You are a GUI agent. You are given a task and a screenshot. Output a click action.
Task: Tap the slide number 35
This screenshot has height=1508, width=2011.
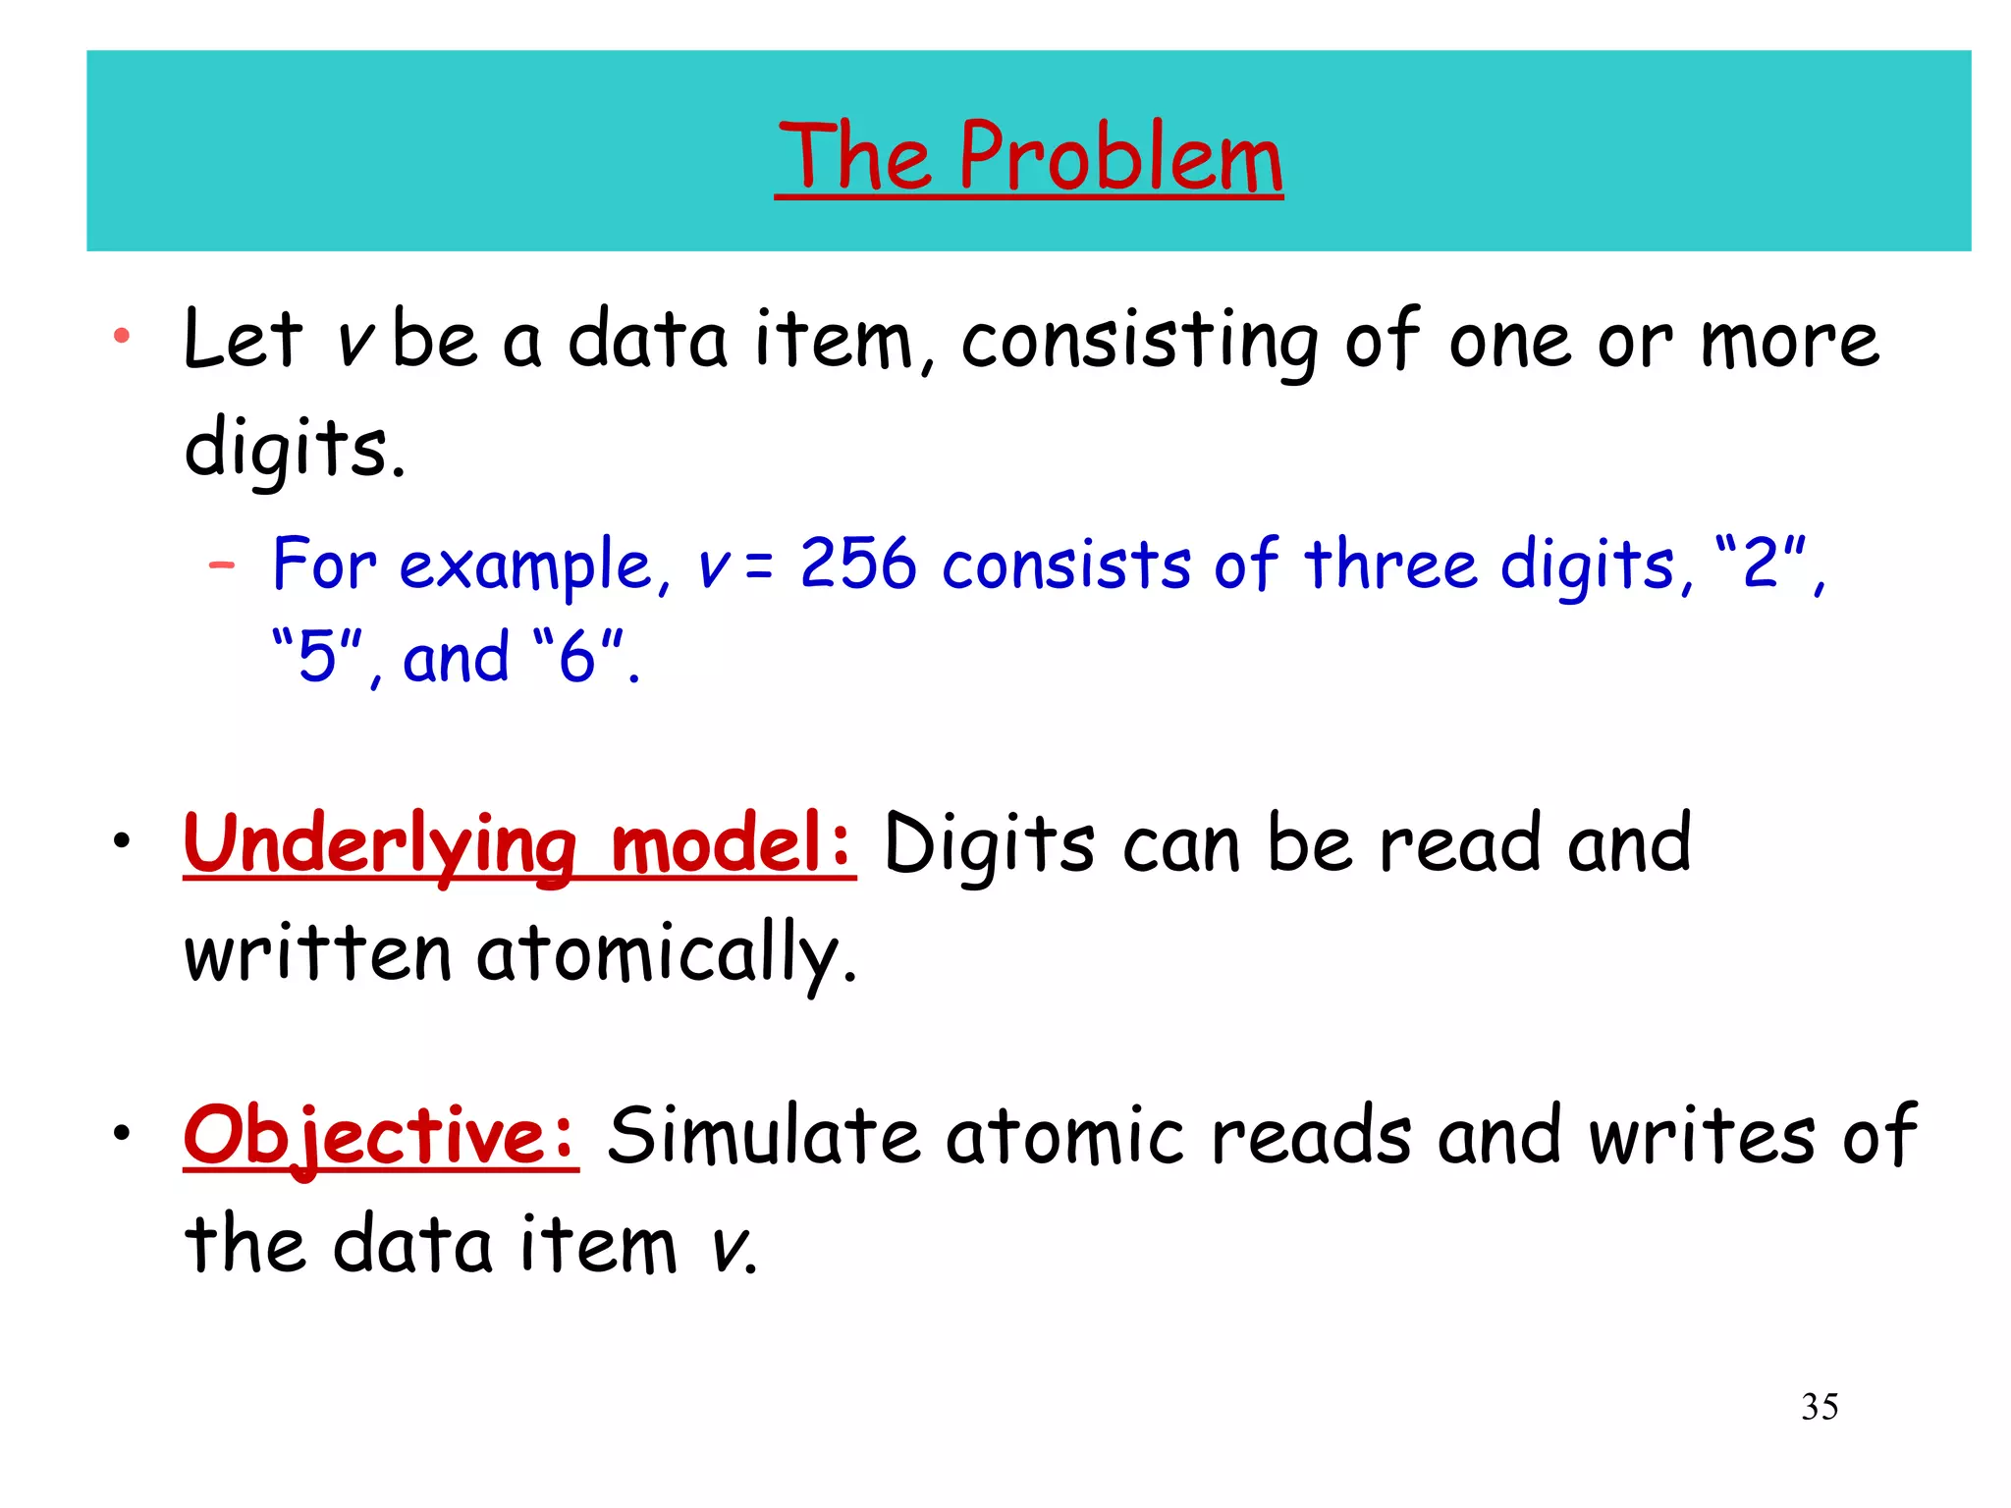pos(1820,1407)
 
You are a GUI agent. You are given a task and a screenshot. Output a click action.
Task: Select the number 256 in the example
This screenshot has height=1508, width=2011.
pos(857,565)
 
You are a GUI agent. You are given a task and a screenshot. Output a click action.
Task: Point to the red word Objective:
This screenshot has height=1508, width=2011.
pos(381,1137)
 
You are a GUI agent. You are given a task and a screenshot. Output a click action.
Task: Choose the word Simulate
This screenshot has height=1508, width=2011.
pos(763,1137)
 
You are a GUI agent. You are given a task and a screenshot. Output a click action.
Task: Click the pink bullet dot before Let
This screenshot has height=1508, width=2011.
pos(122,337)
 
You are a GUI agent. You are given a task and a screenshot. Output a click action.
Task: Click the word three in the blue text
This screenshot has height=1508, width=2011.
pos(1390,565)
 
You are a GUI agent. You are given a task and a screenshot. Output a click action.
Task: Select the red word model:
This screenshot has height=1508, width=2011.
pos(732,845)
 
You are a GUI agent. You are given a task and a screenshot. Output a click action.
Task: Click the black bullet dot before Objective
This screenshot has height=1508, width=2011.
pos(121,1133)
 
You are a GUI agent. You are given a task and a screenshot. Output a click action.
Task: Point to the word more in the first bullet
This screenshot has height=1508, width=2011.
pos(1789,343)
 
